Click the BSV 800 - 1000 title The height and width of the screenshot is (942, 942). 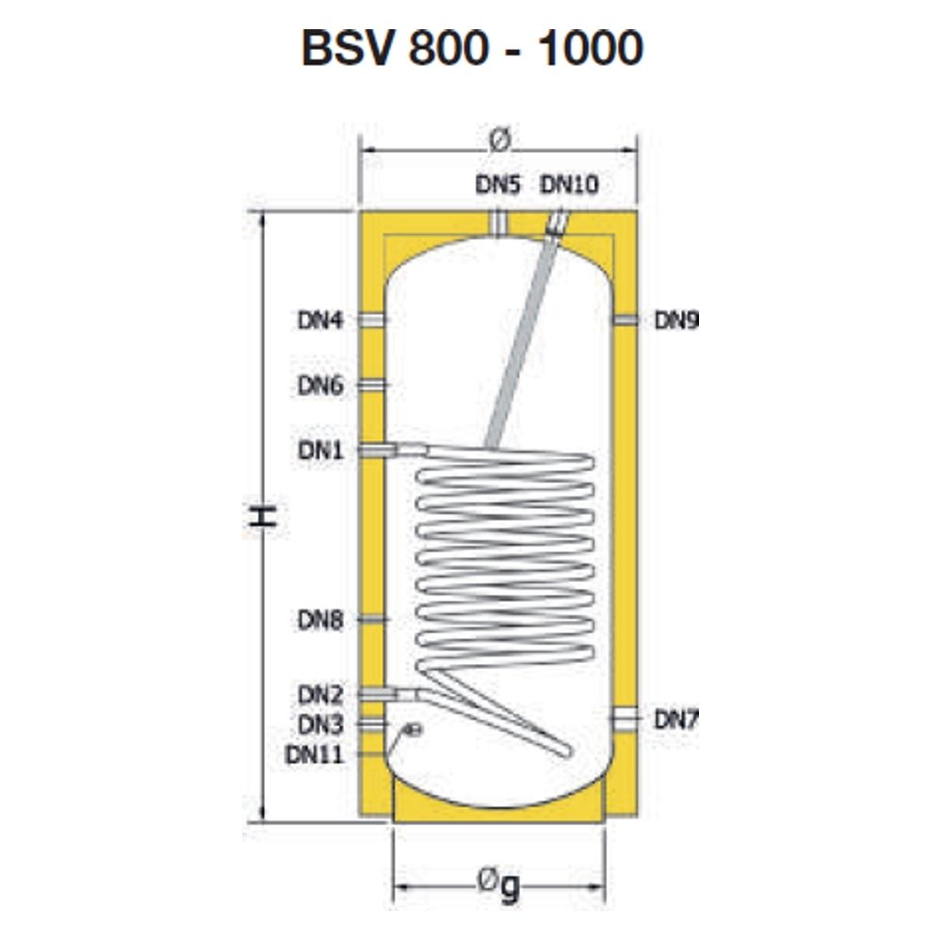[472, 48]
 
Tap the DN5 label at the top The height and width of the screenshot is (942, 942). [497, 185]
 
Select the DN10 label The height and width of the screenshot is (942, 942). [569, 185]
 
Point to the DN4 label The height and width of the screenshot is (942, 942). [321, 320]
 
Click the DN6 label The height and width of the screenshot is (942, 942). [321, 385]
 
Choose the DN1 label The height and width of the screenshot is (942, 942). [321, 450]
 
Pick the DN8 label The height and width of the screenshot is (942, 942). [321, 620]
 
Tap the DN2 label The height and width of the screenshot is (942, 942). [321, 695]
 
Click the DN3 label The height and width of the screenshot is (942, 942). [321, 724]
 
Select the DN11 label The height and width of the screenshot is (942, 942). [315, 755]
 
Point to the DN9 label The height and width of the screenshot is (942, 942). [676, 320]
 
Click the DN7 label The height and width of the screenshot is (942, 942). [676, 719]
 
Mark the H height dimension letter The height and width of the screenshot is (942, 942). [263, 516]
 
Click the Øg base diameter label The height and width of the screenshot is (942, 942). [498, 885]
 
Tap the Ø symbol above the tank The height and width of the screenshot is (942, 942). [498, 139]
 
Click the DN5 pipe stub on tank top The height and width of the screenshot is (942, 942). [498, 223]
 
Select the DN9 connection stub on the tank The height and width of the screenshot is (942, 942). [625, 319]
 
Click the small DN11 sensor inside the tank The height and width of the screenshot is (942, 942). [414, 730]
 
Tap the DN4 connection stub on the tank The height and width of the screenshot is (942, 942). [372, 320]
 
